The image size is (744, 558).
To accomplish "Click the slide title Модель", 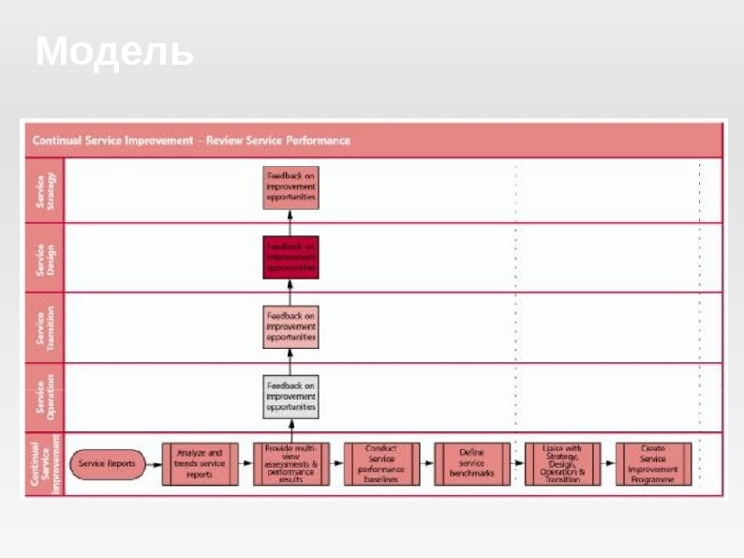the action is click(x=115, y=52).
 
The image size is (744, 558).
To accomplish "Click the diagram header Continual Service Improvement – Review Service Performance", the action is click(x=192, y=141).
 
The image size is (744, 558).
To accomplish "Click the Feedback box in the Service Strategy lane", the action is click(x=290, y=188).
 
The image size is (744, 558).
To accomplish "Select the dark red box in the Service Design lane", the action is click(x=290, y=257).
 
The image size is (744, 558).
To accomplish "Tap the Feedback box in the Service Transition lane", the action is click(x=290, y=326).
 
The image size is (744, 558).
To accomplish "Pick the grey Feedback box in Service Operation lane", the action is click(x=290, y=397).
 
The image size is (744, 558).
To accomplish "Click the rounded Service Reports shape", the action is click(x=107, y=464).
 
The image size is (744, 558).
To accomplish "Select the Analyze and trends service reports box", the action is click(x=200, y=464).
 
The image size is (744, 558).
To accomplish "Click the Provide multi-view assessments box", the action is click(x=290, y=464).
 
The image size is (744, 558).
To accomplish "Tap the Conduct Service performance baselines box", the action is click(x=381, y=464).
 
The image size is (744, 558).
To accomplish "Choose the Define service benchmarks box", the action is click(x=471, y=464).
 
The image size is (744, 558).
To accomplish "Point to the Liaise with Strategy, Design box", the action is click(x=562, y=464).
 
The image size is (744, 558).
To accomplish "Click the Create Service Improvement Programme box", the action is click(x=653, y=464).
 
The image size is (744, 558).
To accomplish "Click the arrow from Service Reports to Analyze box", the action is click(x=154, y=464).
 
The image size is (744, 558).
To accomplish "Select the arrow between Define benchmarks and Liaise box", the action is click(x=516, y=464).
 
